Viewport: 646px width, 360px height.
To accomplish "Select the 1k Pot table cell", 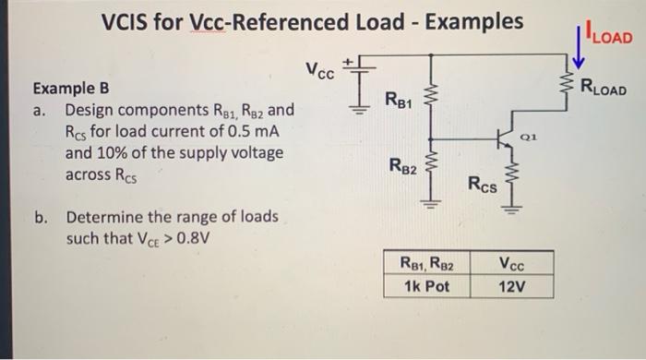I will [x=426, y=285].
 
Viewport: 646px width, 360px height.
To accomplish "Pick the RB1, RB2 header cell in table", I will [x=426, y=263].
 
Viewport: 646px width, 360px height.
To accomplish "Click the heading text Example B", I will [x=71, y=90].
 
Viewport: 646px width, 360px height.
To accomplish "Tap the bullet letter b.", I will [x=41, y=218].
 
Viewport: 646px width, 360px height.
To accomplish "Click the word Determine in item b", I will [x=102, y=218].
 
